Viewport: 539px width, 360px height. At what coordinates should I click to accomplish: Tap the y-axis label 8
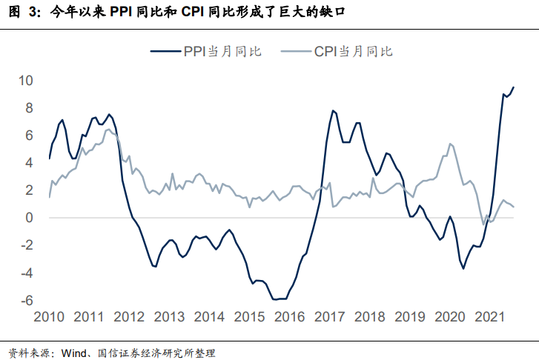[x=29, y=107]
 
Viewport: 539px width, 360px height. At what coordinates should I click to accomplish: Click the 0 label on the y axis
[x=29, y=218]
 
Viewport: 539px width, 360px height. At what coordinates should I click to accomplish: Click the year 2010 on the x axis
[x=50, y=317]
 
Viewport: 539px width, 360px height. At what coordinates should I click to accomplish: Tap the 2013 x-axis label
[x=170, y=317]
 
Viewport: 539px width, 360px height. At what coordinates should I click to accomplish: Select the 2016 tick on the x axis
[x=290, y=317]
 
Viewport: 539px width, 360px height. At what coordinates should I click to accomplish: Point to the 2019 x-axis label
[x=410, y=317]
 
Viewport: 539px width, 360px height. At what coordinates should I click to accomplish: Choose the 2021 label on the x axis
[x=490, y=317]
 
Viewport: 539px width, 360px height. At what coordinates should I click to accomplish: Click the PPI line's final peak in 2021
[x=513, y=87]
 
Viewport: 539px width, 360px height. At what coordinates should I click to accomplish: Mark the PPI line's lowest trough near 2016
[x=277, y=299]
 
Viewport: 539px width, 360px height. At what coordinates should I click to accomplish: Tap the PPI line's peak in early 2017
[x=333, y=110]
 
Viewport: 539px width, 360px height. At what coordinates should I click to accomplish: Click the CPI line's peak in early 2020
[x=451, y=144]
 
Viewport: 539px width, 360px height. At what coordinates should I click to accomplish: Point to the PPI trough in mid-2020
[x=464, y=267]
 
